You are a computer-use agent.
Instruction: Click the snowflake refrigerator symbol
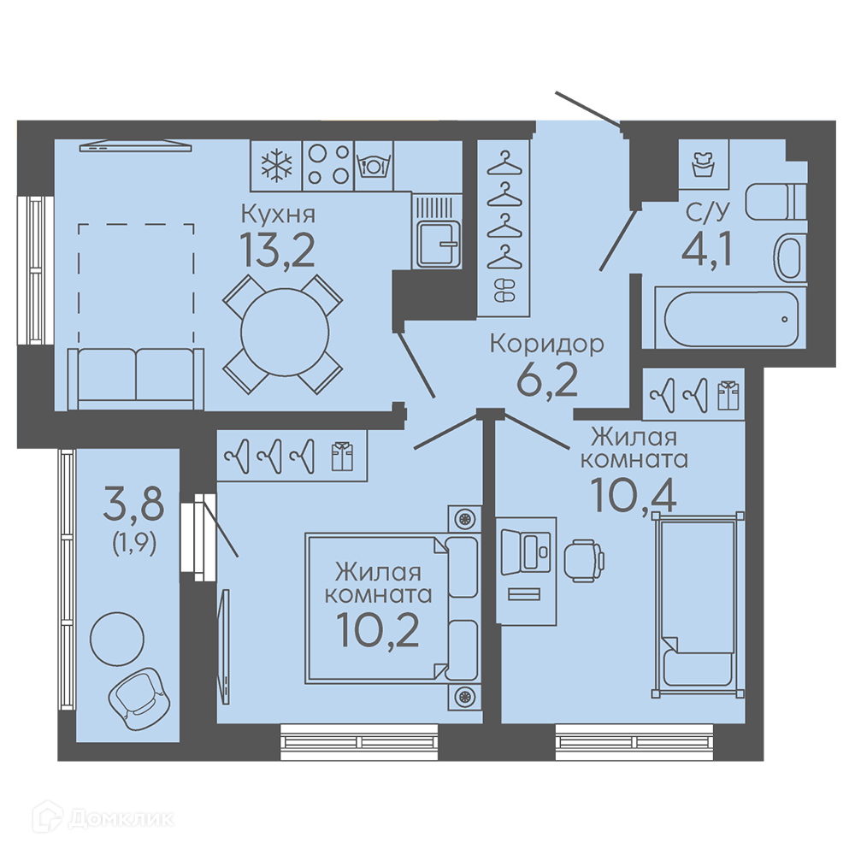click(276, 165)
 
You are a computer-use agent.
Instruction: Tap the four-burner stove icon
click(328, 165)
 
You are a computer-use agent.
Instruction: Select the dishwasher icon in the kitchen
click(374, 165)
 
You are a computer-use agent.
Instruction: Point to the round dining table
click(285, 332)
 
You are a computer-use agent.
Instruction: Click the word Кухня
click(278, 215)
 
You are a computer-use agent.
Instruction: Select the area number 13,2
click(278, 250)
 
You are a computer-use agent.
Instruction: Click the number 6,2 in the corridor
click(547, 380)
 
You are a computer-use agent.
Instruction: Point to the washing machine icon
click(704, 163)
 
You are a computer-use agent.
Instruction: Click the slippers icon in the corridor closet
click(504, 290)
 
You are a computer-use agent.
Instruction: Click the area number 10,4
click(634, 495)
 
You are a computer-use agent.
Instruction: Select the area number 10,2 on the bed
click(378, 630)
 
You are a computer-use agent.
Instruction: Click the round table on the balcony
click(117, 638)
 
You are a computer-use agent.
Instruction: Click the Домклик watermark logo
click(103, 818)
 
